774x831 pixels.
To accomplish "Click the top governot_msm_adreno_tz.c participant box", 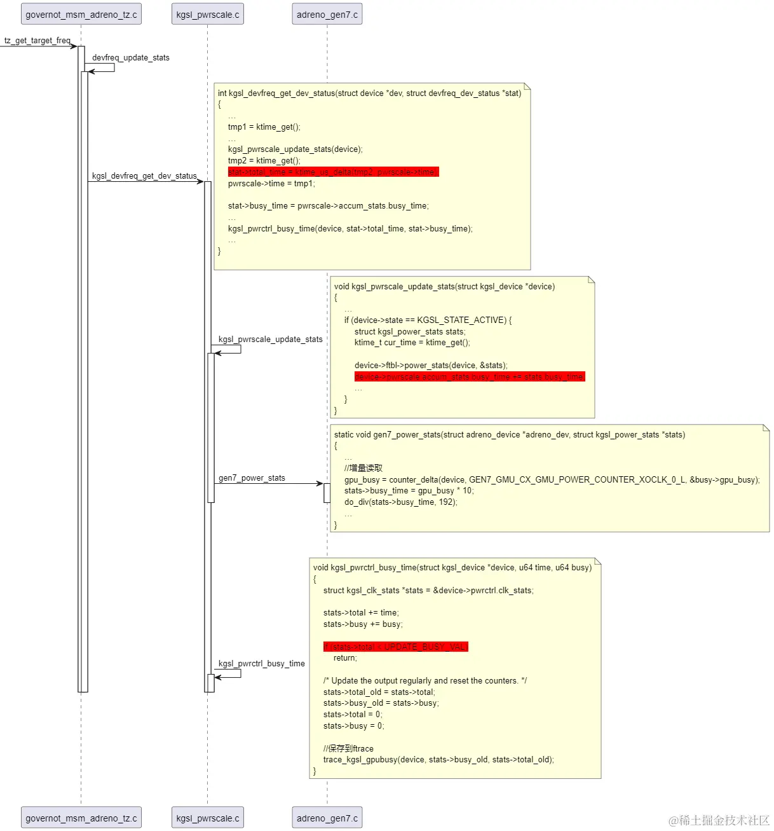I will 81,14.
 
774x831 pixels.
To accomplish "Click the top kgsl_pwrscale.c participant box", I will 207,14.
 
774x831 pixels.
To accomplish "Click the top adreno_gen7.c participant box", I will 327,14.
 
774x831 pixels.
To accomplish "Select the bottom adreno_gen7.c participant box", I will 327,818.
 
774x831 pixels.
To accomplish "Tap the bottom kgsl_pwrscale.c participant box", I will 207,818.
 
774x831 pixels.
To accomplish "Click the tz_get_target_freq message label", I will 37,41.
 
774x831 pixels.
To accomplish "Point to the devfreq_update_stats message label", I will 130,58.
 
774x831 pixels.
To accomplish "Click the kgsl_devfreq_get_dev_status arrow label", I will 144,176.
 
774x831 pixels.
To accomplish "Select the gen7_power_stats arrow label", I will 252,478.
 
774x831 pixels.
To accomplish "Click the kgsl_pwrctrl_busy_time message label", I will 261,664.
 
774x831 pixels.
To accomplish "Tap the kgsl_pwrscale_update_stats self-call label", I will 270,340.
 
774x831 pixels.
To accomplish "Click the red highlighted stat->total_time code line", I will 333,172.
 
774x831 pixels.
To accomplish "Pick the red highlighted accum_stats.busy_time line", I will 469,377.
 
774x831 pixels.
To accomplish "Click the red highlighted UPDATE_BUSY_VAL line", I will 395,647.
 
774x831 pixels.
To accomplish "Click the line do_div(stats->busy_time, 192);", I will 400,502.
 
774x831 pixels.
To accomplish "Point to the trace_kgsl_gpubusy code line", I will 438,760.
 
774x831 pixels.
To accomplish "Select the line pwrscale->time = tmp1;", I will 271,184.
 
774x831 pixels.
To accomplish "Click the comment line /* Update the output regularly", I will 424,681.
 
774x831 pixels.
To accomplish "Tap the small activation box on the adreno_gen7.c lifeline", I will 327,493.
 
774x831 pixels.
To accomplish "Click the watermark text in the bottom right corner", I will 719,820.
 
